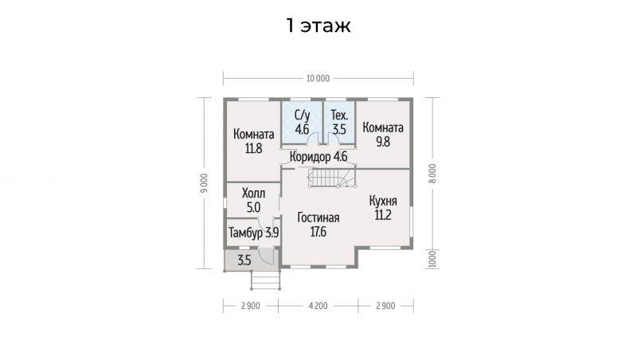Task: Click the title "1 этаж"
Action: [x=318, y=25]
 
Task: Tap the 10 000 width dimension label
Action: [x=318, y=78]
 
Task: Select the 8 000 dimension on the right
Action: [x=432, y=174]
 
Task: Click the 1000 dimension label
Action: [x=432, y=259]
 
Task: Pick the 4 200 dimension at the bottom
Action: [x=318, y=306]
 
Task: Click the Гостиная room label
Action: [x=318, y=217]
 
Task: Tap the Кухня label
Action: [x=383, y=201]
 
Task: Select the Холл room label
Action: [x=253, y=193]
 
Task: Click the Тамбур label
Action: [x=245, y=233]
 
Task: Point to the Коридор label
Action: [x=311, y=156]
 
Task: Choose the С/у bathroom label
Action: [x=303, y=115]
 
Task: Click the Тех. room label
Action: [x=339, y=115]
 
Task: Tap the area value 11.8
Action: [x=253, y=149]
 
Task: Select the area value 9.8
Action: [x=383, y=142]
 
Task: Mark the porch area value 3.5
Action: [x=244, y=260]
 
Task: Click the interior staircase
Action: [x=332, y=178]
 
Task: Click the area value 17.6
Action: [x=318, y=232]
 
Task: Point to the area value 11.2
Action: [x=383, y=215]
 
